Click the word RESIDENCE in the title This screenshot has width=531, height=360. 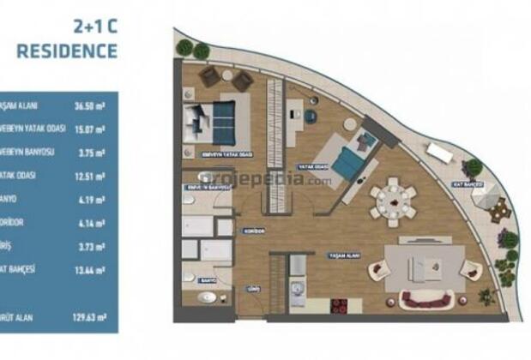point(67,50)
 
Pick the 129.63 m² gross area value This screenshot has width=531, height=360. point(88,316)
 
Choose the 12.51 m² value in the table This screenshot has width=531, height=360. point(88,176)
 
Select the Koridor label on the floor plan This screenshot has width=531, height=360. point(252,231)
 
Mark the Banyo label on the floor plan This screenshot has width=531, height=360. point(207,280)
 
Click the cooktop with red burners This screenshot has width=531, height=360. point(340,306)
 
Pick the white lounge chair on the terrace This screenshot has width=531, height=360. point(440,153)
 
